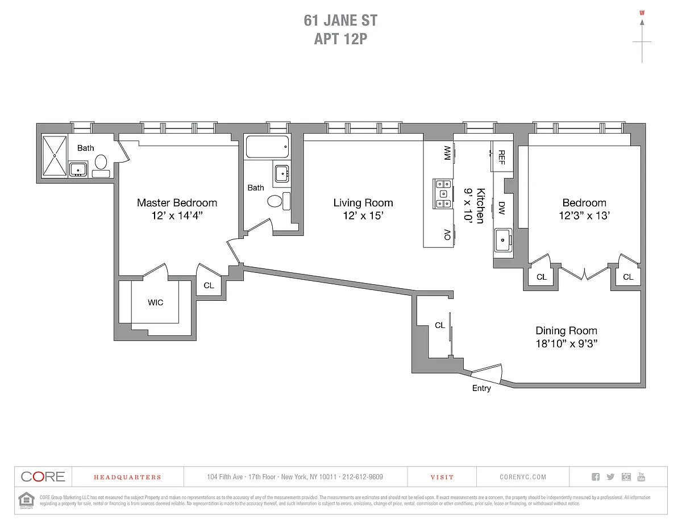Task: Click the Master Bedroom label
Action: point(177,203)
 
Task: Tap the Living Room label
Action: point(363,203)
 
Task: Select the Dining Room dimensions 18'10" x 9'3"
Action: point(566,343)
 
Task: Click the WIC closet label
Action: point(155,302)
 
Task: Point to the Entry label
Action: point(481,388)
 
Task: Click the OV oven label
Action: point(447,234)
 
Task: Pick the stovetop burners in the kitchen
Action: point(443,193)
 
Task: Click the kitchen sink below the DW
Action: point(503,240)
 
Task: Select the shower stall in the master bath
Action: point(55,155)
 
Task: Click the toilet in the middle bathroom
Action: point(275,201)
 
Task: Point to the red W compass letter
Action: point(642,13)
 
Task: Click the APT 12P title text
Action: point(340,39)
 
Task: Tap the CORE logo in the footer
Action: point(43,477)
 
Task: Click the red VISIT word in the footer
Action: point(442,478)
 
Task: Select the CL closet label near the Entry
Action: point(440,326)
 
